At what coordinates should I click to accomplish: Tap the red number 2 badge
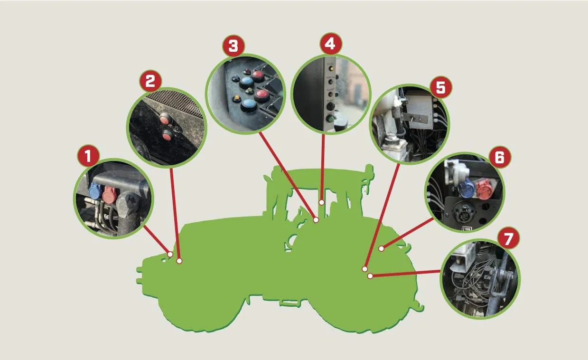click(x=150, y=82)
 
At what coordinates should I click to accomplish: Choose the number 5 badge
click(x=441, y=87)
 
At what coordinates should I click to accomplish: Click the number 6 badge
click(x=500, y=157)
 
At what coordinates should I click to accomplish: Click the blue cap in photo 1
click(x=94, y=191)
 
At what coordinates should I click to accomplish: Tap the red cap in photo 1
click(x=110, y=194)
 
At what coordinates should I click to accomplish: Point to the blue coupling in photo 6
click(x=467, y=189)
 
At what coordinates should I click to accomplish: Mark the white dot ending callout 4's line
click(x=322, y=203)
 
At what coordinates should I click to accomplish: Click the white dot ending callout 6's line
click(x=381, y=248)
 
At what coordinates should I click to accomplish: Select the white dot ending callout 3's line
click(x=316, y=220)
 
